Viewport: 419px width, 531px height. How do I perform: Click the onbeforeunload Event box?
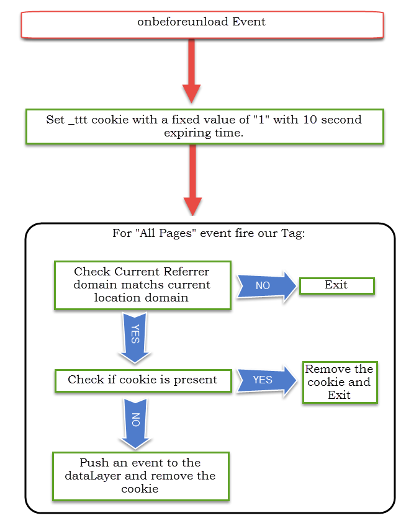click(202, 25)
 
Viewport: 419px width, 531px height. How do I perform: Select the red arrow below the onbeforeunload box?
click(192, 71)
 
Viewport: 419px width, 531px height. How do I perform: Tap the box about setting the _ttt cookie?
click(205, 127)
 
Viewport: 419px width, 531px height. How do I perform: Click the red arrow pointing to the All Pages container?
click(192, 180)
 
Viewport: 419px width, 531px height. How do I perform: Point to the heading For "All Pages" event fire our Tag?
click(209, 233)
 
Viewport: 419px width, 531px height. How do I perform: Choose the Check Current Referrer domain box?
click(143, 285)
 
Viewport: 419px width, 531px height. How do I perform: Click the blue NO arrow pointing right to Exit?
click(266, 286)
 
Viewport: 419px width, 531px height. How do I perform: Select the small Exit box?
click(337, 286)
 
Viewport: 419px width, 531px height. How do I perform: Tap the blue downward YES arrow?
click(135, 337)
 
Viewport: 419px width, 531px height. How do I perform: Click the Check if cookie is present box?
click(143, 381)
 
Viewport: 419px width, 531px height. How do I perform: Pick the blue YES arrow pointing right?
click(266, 381)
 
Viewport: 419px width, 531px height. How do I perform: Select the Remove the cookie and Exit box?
click(340, 382)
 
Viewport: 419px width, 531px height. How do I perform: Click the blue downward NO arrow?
click(135, 424)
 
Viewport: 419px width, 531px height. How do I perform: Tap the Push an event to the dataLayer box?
click(141, 476)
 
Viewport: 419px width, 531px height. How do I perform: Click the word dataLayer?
click(93, 476)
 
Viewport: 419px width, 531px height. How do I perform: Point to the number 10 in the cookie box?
click(310, 120)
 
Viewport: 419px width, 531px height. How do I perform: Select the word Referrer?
click(186, 272)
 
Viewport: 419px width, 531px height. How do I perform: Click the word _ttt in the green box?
click(78, 120)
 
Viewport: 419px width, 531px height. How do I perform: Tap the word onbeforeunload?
click(182, 22)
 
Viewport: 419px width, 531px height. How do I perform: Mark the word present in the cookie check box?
click(196, 380)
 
